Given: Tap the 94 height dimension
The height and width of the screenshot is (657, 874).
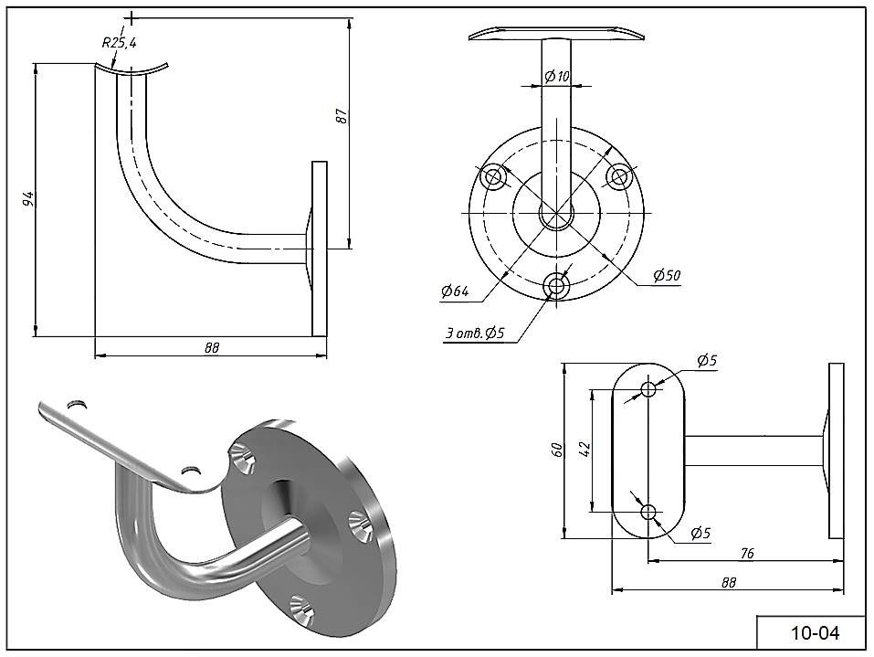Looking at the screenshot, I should (27, 199).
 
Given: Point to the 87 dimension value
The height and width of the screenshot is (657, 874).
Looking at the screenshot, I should (341, 116).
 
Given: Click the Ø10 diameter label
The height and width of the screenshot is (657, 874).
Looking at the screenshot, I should (556, 77).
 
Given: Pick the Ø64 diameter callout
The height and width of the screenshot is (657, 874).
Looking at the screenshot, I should (454, 291).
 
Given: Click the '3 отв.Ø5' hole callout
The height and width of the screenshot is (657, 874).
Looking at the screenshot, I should (475, 334).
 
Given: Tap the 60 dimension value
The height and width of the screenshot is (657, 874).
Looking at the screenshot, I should (557, 450).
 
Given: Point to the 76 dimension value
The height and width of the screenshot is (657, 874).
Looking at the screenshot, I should (745, 552).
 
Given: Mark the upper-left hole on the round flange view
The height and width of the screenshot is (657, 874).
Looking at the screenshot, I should (493, 175).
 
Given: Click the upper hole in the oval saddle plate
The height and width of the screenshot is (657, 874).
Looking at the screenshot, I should (648, 389).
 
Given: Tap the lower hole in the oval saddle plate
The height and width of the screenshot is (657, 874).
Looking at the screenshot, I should (648, 512).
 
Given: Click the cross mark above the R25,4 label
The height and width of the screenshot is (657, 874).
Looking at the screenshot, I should (132, 18).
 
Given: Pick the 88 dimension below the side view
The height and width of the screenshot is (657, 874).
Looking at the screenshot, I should (212, 347).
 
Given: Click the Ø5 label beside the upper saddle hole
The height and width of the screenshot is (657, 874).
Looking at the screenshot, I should (706, 361).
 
